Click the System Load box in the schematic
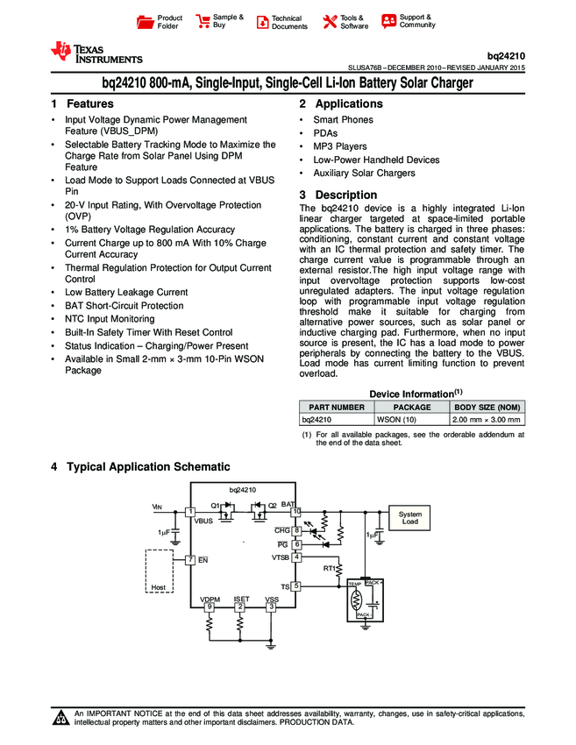409,517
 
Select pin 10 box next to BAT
296,511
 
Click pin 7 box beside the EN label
189,559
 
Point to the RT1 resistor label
330,568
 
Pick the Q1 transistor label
215,505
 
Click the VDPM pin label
210,599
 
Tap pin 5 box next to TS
296,585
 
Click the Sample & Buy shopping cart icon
203,21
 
